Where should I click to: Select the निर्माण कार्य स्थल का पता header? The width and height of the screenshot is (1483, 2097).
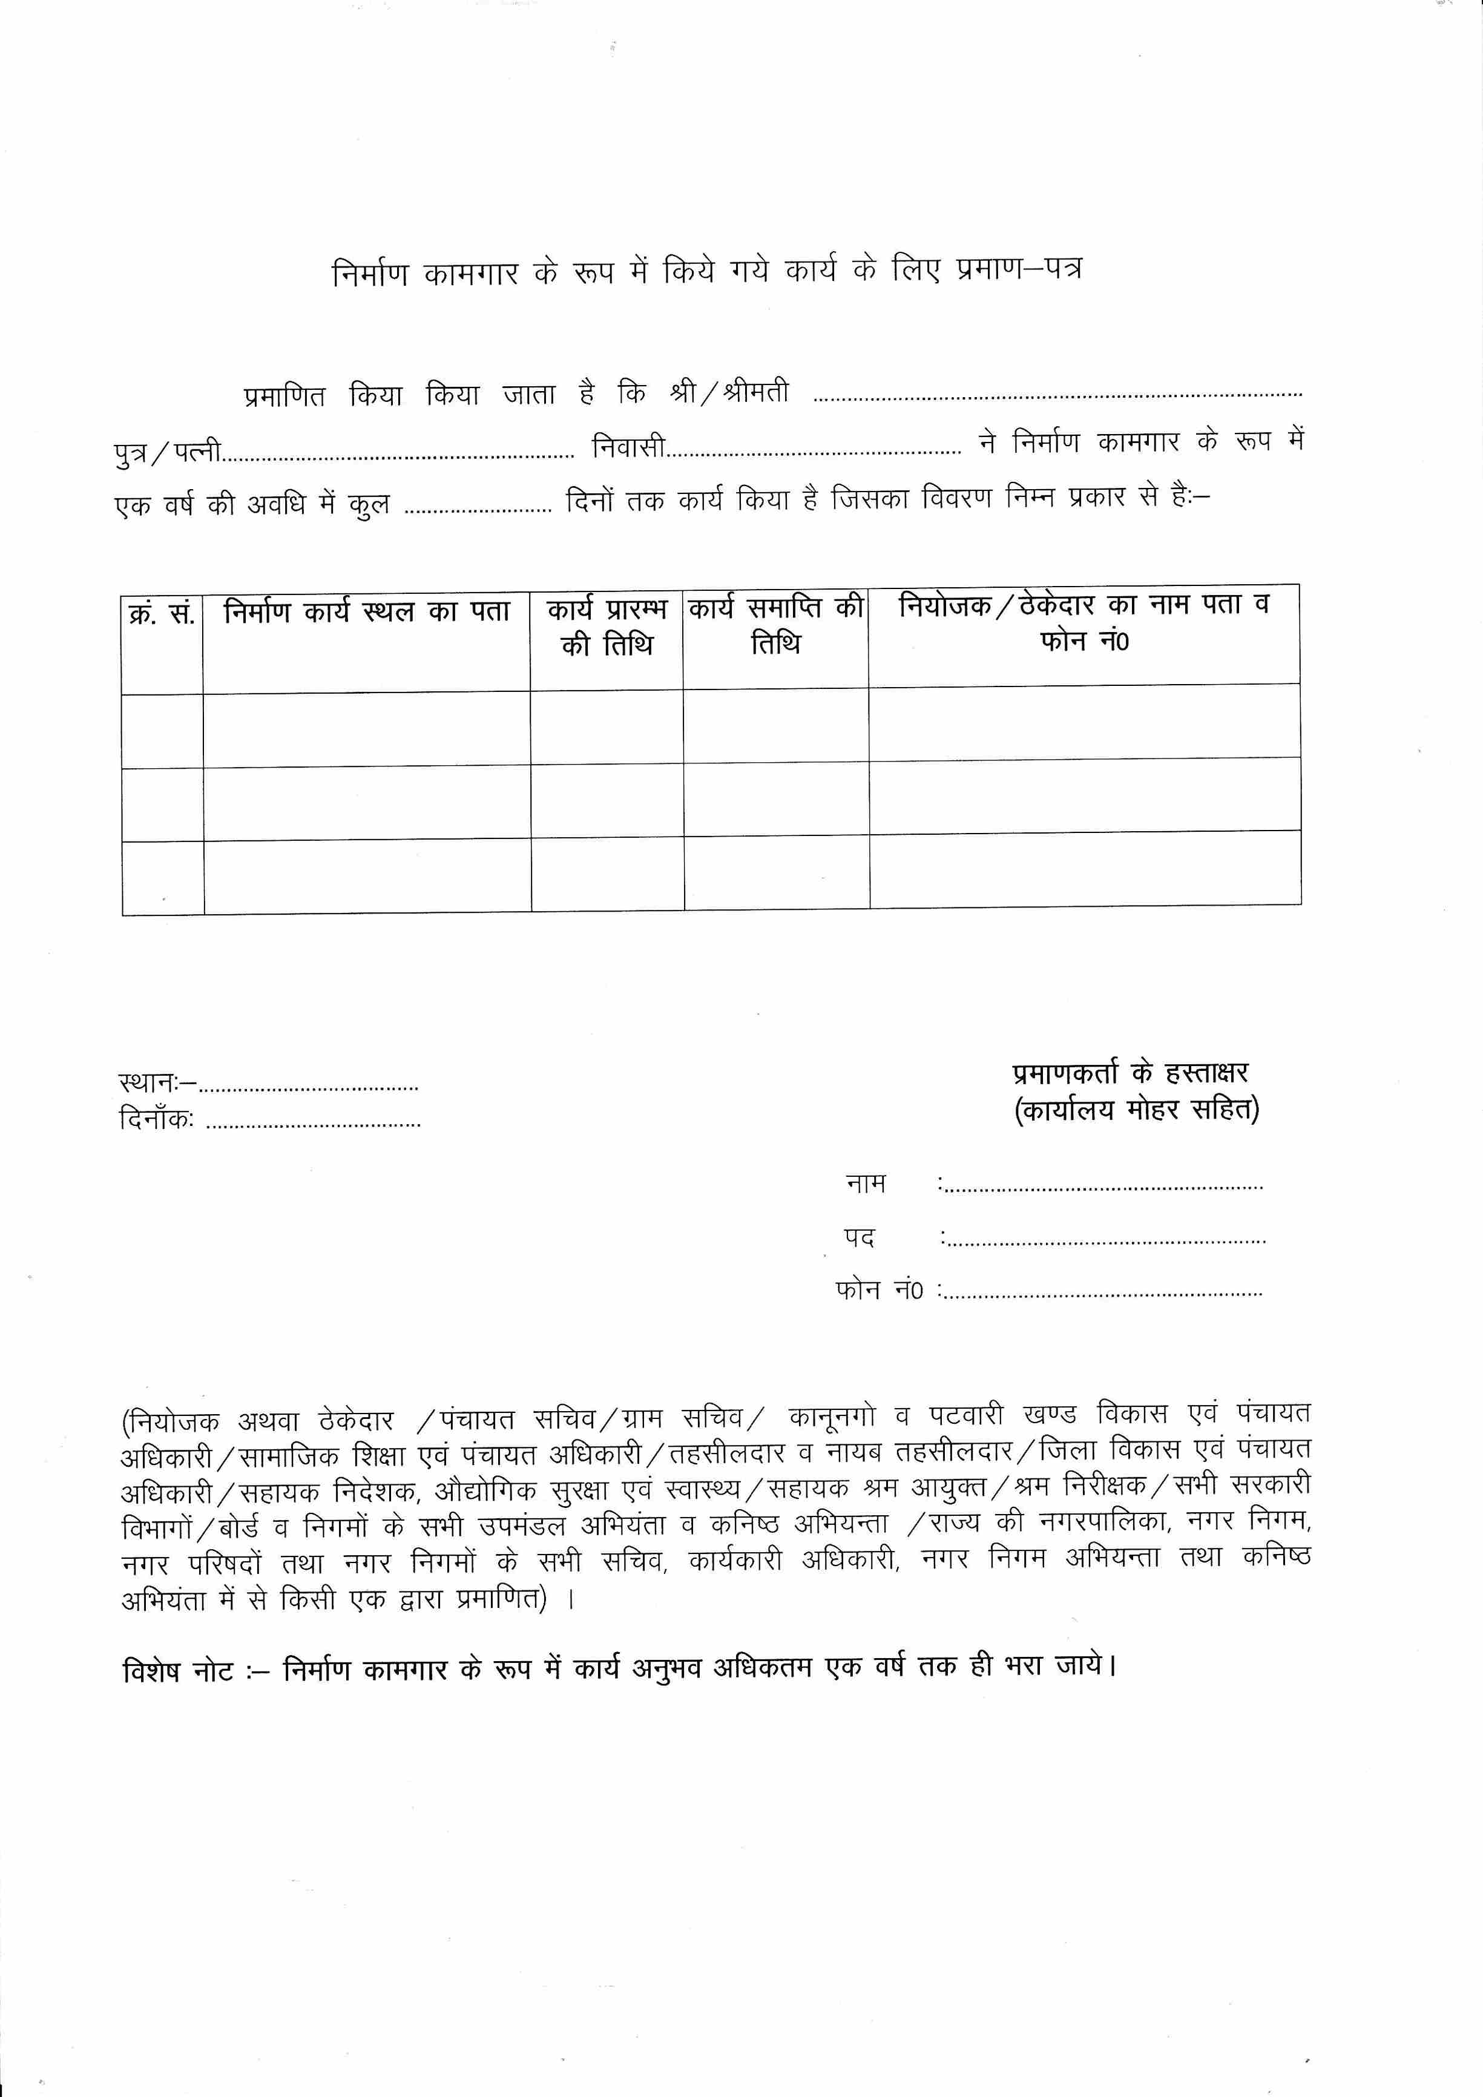click(x=366, y=612)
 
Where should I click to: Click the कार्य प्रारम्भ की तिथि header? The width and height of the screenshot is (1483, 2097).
click(x=607, y=627)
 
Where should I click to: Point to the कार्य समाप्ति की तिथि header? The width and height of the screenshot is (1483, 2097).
click(x=775, y=625)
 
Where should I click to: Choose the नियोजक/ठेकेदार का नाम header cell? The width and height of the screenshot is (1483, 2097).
click(x=1084, y=622)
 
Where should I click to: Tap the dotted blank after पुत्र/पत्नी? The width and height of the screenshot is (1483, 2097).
click(x=398, y=454)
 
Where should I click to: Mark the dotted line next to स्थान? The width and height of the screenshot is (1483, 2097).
click(x=309, y=1088)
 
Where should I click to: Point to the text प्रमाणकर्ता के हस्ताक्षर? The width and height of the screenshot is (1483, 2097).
click(x=1131, y=1074)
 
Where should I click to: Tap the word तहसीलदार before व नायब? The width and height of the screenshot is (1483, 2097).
click(x=728, y=1453)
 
